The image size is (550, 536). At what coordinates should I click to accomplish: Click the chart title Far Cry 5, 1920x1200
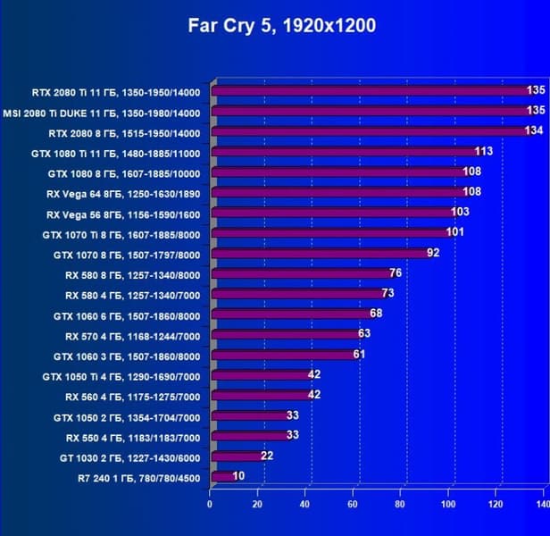coord(281,25)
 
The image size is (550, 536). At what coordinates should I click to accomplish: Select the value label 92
coord(434,254)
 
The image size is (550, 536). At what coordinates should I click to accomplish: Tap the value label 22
coord(265,456)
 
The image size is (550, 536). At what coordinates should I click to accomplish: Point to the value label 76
coord(396,273)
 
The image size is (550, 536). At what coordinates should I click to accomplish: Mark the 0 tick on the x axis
coord(210,505)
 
